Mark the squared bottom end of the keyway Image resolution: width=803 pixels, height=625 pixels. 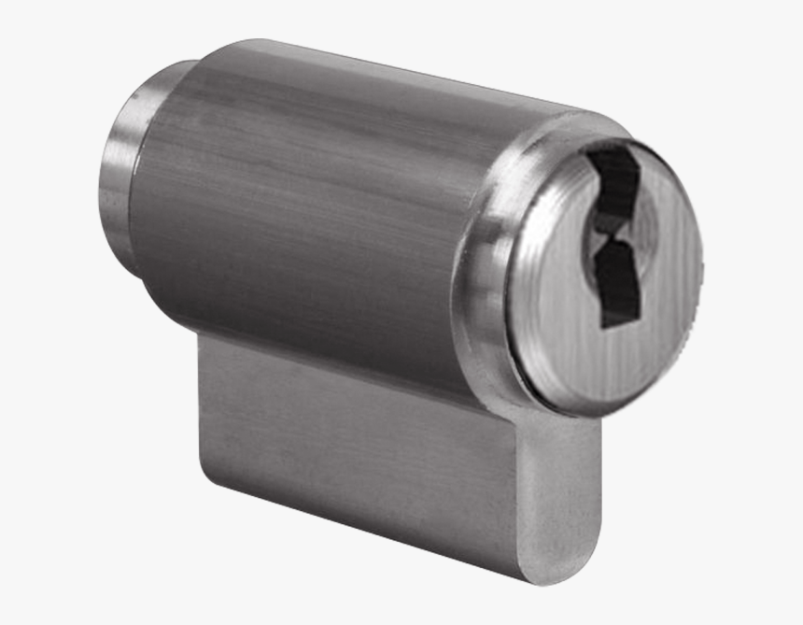(617, 319)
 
